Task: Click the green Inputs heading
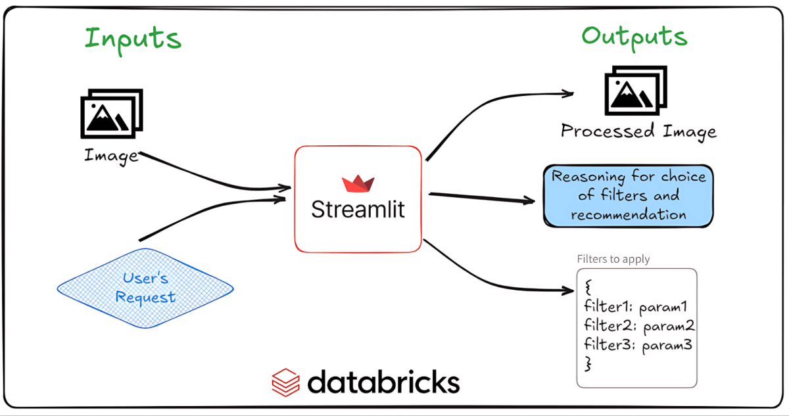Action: click(x=132, y=39)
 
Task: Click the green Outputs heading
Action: click(x=634, y=37)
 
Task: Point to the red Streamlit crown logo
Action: click(x=358, y=184)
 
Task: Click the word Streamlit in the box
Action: click(x=358, y=210)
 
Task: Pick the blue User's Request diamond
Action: click(x=145, y=288)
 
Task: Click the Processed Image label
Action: click(x=638, y=131)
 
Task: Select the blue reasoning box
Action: click(x=629, y=195)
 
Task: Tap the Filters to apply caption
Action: click(x=613, y=259)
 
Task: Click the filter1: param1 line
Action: click(x=634, y=306)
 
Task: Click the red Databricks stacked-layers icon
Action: click(x=286, y=382)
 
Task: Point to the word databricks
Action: click(x=383, y=382)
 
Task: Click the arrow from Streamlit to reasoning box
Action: click(x=480, y=197)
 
